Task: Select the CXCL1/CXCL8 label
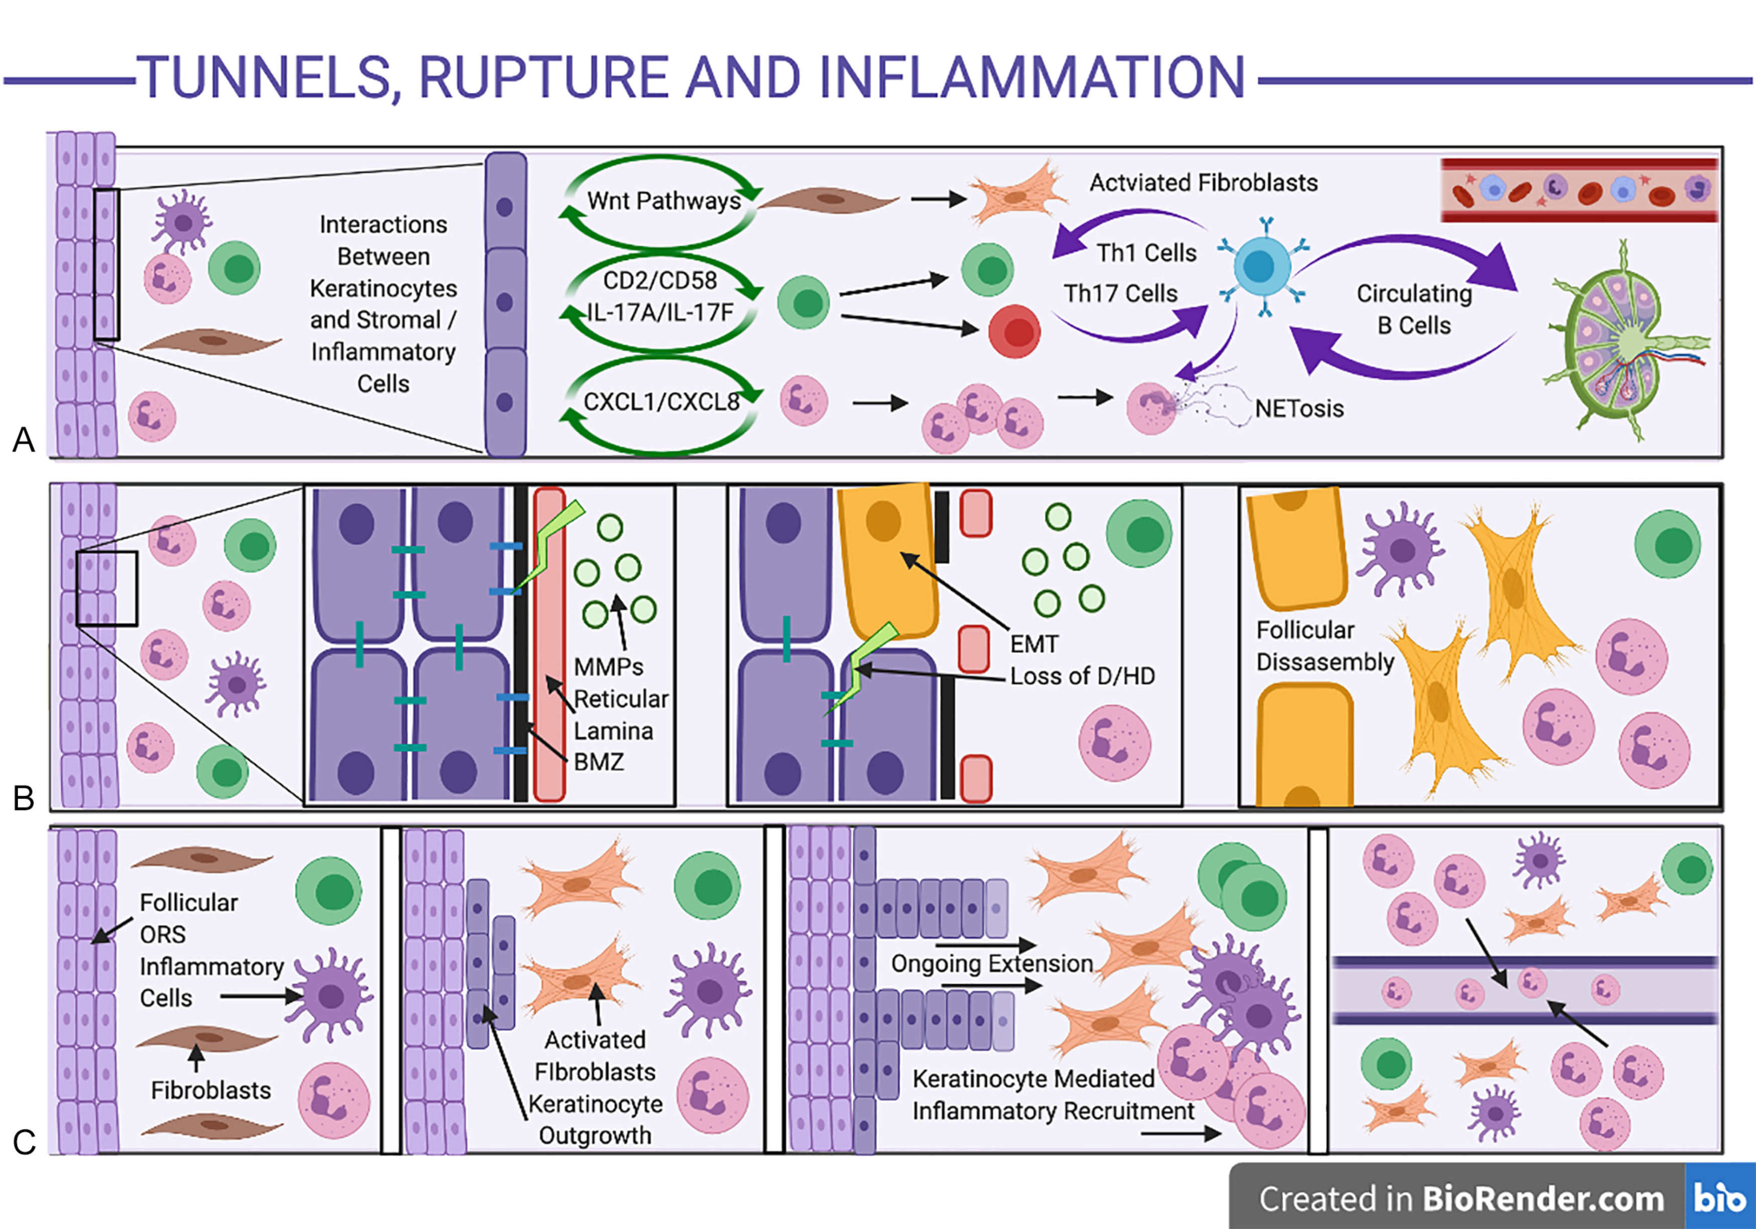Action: click(x=662, y=401)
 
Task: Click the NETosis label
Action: click(x=1298, y=408)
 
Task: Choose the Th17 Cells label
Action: click(x=1120, y=293)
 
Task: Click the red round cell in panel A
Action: click(x=1014, y=331)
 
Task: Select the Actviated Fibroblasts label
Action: click(x=1203, y=182)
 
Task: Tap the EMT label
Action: click(x=1034, y=644)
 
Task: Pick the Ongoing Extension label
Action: click(x=991, y=963)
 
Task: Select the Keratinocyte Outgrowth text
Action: click(x=595, y=1120)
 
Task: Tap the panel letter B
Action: click(x=24, y=798)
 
